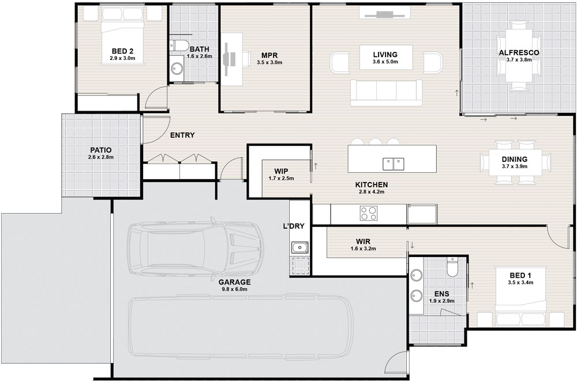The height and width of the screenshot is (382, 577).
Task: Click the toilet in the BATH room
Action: click(x=178, y=46)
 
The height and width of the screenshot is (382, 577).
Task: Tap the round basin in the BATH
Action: click(x=177, y=68)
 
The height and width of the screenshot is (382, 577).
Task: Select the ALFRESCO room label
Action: click(x=519, y=52)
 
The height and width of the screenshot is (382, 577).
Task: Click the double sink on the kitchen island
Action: click(x=394, y=164)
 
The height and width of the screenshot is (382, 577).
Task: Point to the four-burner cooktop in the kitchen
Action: click(x=369, y=213)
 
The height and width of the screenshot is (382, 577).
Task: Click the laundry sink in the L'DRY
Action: click(x=300, y=248)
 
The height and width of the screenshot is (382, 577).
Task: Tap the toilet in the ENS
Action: click(x=451, y=267)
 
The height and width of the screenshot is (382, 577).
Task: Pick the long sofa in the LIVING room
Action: click(x=386, y=92)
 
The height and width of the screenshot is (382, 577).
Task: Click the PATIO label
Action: click(x=101, y=150)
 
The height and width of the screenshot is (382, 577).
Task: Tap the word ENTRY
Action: click(x=182, y=135)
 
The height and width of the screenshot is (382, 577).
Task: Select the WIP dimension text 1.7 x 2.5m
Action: click(x=281, y=179)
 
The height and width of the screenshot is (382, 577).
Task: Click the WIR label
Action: click(x=363, y=241)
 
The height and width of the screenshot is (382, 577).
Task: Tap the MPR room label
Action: click(x=269, y=55)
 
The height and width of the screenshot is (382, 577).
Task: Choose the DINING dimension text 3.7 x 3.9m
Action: click(x=515, y=166)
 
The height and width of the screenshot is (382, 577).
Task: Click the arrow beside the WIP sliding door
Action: click(x=316, y=166)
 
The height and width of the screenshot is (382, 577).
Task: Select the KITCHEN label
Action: click(x=371, y=185)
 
